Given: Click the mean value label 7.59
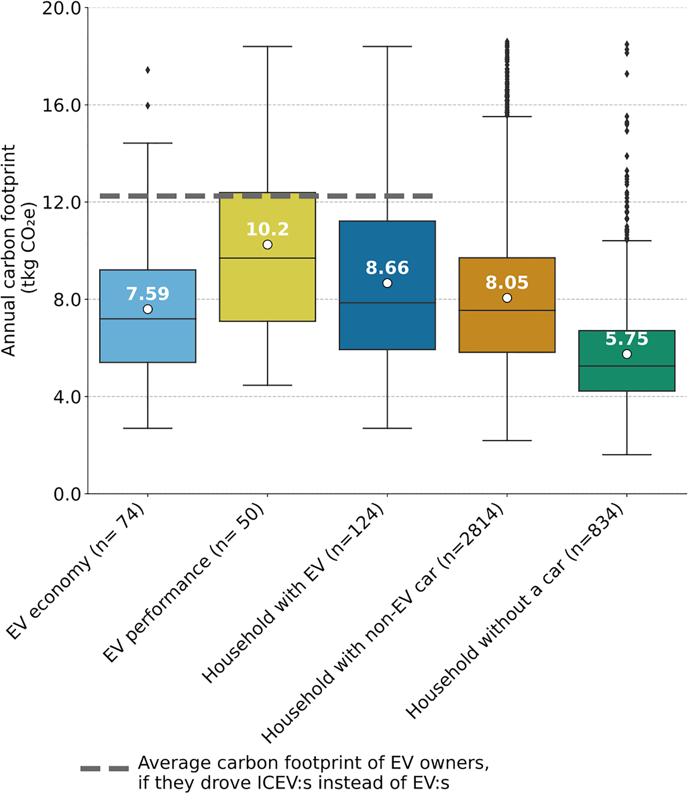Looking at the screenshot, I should [x=148, y=294].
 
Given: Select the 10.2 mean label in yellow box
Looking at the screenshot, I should [x=267, y=229].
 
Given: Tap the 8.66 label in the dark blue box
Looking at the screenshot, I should [x=387, y=268].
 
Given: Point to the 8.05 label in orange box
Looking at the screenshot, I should [x=507, y=282].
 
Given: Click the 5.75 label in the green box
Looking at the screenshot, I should [x=627, y=338].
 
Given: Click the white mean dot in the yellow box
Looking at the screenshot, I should [x=267, y=244].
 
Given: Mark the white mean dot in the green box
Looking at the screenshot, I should [x=627, y=354].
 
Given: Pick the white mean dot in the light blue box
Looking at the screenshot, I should [x=148, y=309].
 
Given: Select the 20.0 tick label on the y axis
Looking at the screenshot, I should [x=62, y=9].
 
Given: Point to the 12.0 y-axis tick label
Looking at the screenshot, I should [x=62, y=202].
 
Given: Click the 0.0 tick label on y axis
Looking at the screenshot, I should [x=67, y=494].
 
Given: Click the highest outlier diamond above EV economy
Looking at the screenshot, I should [x=148, y=70].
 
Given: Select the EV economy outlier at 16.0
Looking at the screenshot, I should [x=148, y=106].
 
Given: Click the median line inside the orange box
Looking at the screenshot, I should [x=507, y=310].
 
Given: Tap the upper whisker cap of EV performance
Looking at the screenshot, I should [x=267, y=46].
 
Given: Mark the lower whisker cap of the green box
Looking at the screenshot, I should [x=627, y=455].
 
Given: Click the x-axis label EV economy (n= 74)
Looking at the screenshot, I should [x=77, y=573].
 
